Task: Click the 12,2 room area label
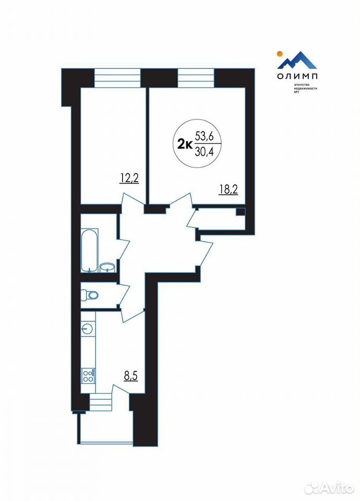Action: tap(129, 178)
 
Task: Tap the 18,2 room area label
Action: tap(229, 189)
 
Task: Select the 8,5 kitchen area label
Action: tap(130, 376)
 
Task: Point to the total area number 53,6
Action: tap(204, 136)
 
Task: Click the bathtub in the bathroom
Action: tap(89, 250)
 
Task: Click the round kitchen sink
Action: tap(87, 328)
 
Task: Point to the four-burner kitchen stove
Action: tap(88, 375)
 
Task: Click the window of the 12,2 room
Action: tap(117, 78)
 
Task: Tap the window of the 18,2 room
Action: tap(196, 78)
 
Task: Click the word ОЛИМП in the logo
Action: tap(297, 77)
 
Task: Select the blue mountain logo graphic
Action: tap(297, 60)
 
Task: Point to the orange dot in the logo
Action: tap(279, 53)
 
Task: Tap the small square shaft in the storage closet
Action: tap(241, 211)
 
